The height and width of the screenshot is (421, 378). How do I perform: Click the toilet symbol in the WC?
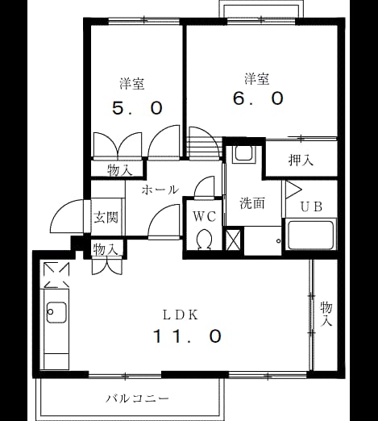tap(205, 239)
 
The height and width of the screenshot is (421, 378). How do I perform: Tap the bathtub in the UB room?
tap(310, 236)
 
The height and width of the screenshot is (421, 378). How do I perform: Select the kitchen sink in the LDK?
tap(56, 312)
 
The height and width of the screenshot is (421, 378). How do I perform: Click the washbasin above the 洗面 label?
tap(243, 154)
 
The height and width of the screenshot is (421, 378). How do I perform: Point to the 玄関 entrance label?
tap(106, 217)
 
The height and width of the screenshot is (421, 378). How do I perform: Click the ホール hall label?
tap(160, 190)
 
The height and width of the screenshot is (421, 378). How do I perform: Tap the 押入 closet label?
tap(301, 160)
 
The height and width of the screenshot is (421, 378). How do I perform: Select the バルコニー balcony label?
tap(137, 398)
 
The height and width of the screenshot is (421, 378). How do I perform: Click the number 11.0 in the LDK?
tap(188, 336)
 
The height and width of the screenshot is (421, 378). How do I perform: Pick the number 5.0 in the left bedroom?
tap(137, 108)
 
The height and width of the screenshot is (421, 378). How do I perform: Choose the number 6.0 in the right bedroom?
tap(258, 98)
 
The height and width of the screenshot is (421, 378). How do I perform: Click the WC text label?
tap(205, 216)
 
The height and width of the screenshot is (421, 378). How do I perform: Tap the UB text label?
tap(311, 206)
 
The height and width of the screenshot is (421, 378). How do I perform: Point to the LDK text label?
tap(181, 315)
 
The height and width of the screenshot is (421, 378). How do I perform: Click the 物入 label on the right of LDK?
tap(326, 315)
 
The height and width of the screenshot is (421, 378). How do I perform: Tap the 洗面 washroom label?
tap(252, 203)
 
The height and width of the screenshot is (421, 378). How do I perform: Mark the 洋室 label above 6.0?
tap(257, 79)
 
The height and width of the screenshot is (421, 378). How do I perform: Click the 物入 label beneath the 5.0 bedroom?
tap(119, 170)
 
